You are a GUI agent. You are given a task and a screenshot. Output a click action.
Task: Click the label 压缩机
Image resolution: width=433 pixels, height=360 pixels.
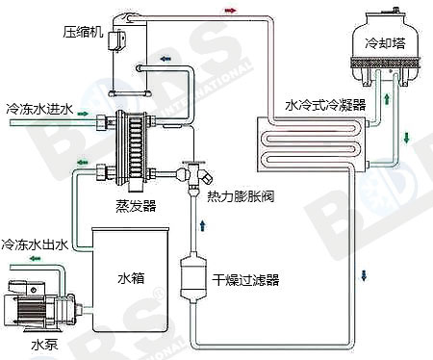point(83,33)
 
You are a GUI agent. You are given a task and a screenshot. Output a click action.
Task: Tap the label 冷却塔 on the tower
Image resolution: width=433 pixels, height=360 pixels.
point(385,43)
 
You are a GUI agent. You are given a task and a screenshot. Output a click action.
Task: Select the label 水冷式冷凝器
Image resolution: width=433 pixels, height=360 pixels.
point(325,105)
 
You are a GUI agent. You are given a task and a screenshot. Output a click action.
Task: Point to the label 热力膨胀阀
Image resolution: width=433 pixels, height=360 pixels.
point(241,196)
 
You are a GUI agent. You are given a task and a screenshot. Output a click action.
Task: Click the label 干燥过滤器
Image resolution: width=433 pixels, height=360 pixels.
point(245,280)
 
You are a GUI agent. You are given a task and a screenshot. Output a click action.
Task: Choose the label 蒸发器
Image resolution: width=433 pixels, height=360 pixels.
point(136,206)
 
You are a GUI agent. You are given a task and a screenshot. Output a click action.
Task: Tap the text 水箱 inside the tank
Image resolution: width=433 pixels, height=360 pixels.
point(131,278)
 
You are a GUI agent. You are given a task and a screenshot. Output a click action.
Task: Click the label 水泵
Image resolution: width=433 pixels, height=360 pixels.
point(45,346)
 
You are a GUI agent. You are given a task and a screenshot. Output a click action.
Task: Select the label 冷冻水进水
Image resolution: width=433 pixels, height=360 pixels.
point(39,109)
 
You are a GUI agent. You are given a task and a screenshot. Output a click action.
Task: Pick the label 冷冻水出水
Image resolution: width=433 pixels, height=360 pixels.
point(35,244)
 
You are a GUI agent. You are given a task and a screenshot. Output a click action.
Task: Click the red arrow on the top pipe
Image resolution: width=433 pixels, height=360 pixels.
point(230,11)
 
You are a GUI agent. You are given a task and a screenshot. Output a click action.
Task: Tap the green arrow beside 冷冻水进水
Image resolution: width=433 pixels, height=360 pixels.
point(83,114)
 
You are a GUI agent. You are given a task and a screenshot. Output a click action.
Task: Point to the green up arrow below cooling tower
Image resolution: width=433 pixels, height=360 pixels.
point(387,98)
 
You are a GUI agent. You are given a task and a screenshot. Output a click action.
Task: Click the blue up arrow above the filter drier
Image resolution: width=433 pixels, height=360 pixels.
point(203,225)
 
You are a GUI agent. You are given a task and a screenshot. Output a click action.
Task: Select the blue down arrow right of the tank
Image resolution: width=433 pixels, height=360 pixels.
point(364,275)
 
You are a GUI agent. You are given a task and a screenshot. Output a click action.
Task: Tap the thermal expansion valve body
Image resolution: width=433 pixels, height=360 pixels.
point(194,175)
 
